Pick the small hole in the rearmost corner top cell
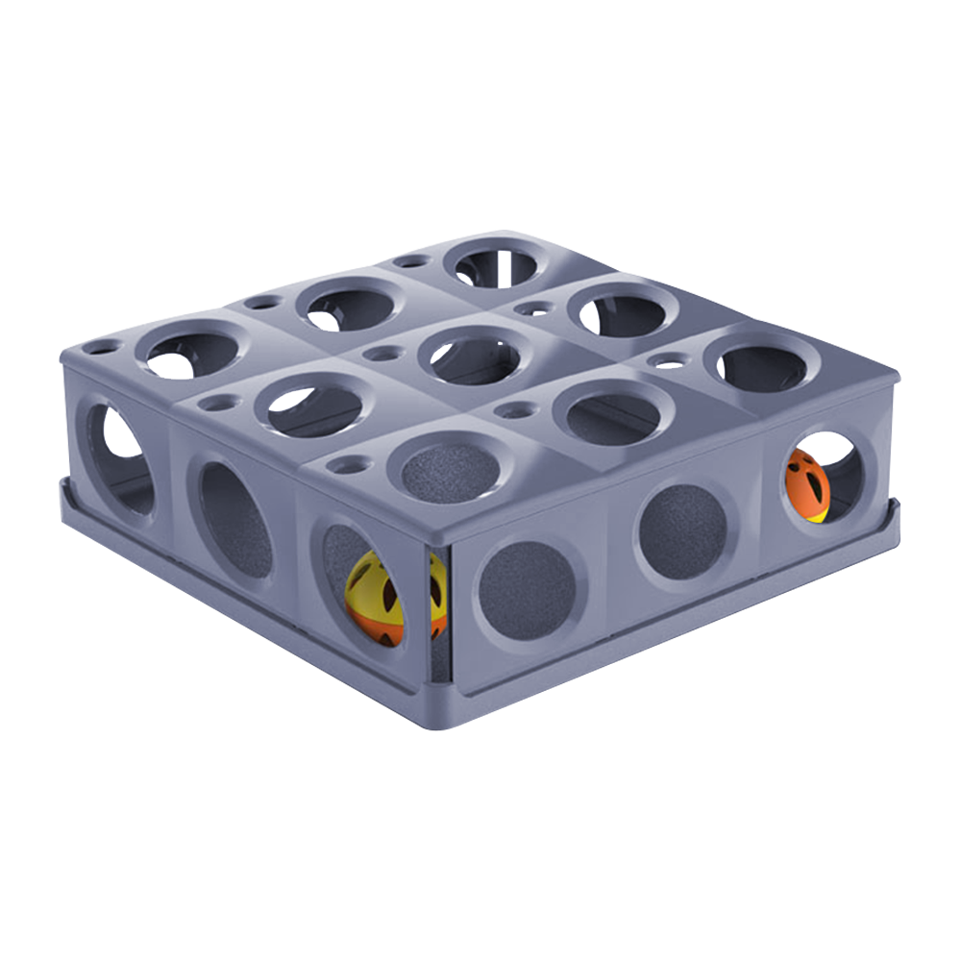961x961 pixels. [x=411, y=260]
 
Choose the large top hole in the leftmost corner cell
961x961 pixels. [x=191, y=351]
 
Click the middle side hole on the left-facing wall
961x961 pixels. [x=234, y=519]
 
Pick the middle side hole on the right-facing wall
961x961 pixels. [x=684, y=531]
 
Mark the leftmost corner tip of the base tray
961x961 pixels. [x=63, y=485]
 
